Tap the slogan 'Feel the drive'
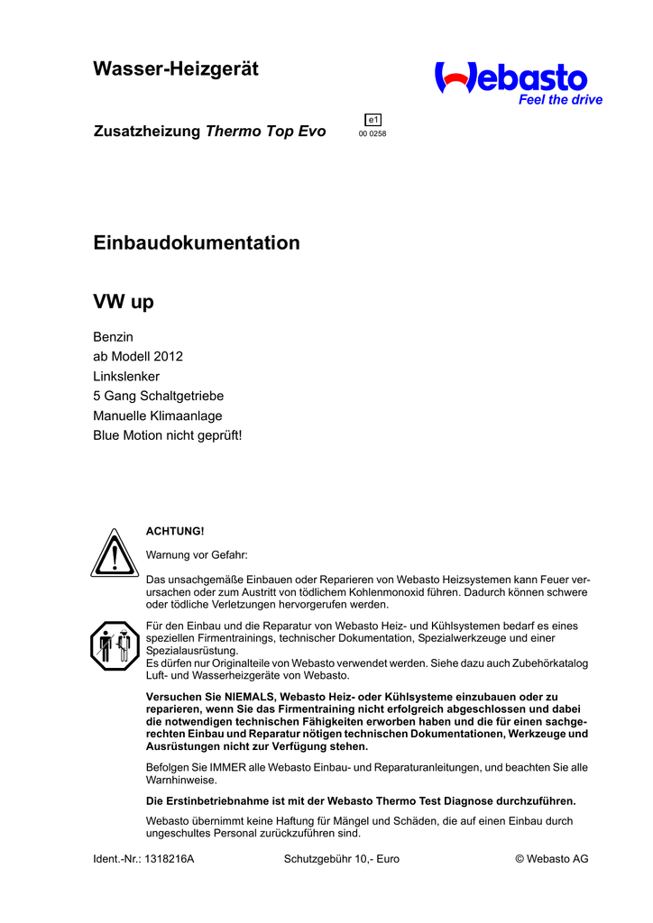(560, 100)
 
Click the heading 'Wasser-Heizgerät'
(176, 69)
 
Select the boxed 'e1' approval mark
(372, 120)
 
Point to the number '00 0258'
(372, 134)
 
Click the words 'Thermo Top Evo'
(266, 132)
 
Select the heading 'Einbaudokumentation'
(197, 243)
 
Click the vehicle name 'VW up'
(124, 302)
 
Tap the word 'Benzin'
(114, 336)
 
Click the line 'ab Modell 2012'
(138, 356)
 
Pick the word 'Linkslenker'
(126, 376)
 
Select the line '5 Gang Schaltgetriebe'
(159, 396)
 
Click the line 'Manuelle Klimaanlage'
(158, 416)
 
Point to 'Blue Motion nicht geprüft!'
(168, 435)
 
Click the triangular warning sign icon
(113, 553)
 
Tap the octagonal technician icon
(113, 645)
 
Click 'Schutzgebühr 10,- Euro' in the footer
(342, 859)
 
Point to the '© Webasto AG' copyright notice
(551, 859)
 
